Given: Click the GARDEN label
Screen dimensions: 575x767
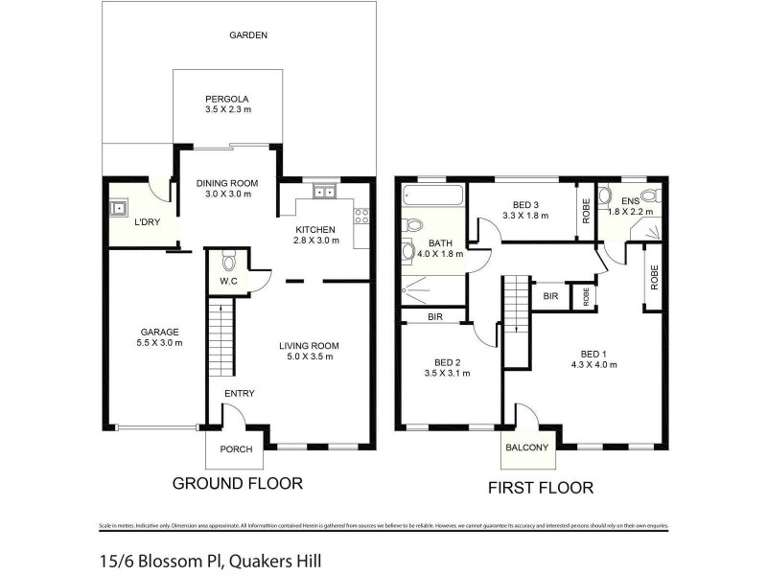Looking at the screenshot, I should (247, 35).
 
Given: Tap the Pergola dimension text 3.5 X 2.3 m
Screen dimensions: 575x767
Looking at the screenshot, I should (227, 110).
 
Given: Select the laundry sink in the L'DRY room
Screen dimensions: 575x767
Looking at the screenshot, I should (120, 208).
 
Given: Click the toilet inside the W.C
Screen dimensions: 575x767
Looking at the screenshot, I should (228, 260).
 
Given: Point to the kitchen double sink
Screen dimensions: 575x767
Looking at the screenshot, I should (324, 193).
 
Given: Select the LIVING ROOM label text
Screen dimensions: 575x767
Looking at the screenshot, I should (309, 346).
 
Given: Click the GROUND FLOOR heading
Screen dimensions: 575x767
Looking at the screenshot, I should (237, 484).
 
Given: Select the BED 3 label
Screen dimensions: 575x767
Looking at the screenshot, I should (527, 205).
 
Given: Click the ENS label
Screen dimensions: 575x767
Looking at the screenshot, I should (630, 201).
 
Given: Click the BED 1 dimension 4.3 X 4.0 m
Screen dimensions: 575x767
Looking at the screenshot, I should (593, 364).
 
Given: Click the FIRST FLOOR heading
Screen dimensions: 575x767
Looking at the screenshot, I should (541, 488).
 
